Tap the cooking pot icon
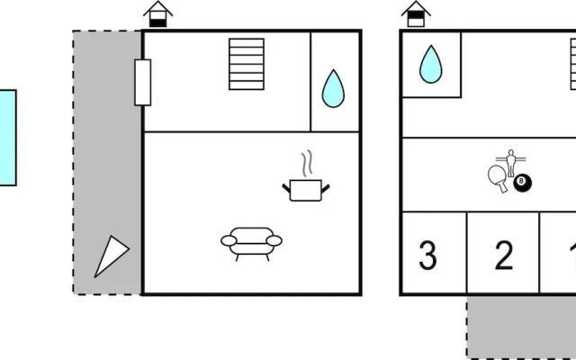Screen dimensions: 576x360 pyautogui.click(x=306, y=191)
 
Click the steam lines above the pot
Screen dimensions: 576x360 pyautogui.click(x=308, y=163)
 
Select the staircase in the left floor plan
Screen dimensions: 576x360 pyautogui.click(x=247, y=64)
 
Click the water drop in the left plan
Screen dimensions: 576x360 pyautogui.click(x=333, y=89)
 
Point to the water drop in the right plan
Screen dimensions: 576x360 pyautogui.click(x=431, y=65)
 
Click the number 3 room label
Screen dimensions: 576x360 pyautogui.click(x=428, y=256)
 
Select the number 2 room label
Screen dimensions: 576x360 pyautogui.click(x=504, y=256)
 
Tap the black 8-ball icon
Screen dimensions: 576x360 pyautogui.click(x=522, y=183)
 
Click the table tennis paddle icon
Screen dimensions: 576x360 pyautogui.click(x=498, y=178)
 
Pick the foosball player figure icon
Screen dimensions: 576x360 pyautogui.click(x=510, y=163)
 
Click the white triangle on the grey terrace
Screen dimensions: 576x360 pyautogui.click(x=111, y=256)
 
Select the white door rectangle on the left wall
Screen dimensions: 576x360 pyautogui.click(x=143, y=83)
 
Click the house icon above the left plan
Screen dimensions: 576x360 pyautogui.click(x=158, y=14)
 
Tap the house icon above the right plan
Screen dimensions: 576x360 pyautogui.click(x=416, y=14)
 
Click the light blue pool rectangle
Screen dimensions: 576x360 pyautogui.click(x=8, y=138)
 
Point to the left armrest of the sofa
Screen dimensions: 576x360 pyautogui.click(x=229, y=241)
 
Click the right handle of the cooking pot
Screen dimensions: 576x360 pyautogui.click(x=326, y=189)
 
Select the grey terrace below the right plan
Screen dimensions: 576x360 pyautogui.click(x=521, y=327)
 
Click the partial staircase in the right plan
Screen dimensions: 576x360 pyautogui.click(x=573, y=64)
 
